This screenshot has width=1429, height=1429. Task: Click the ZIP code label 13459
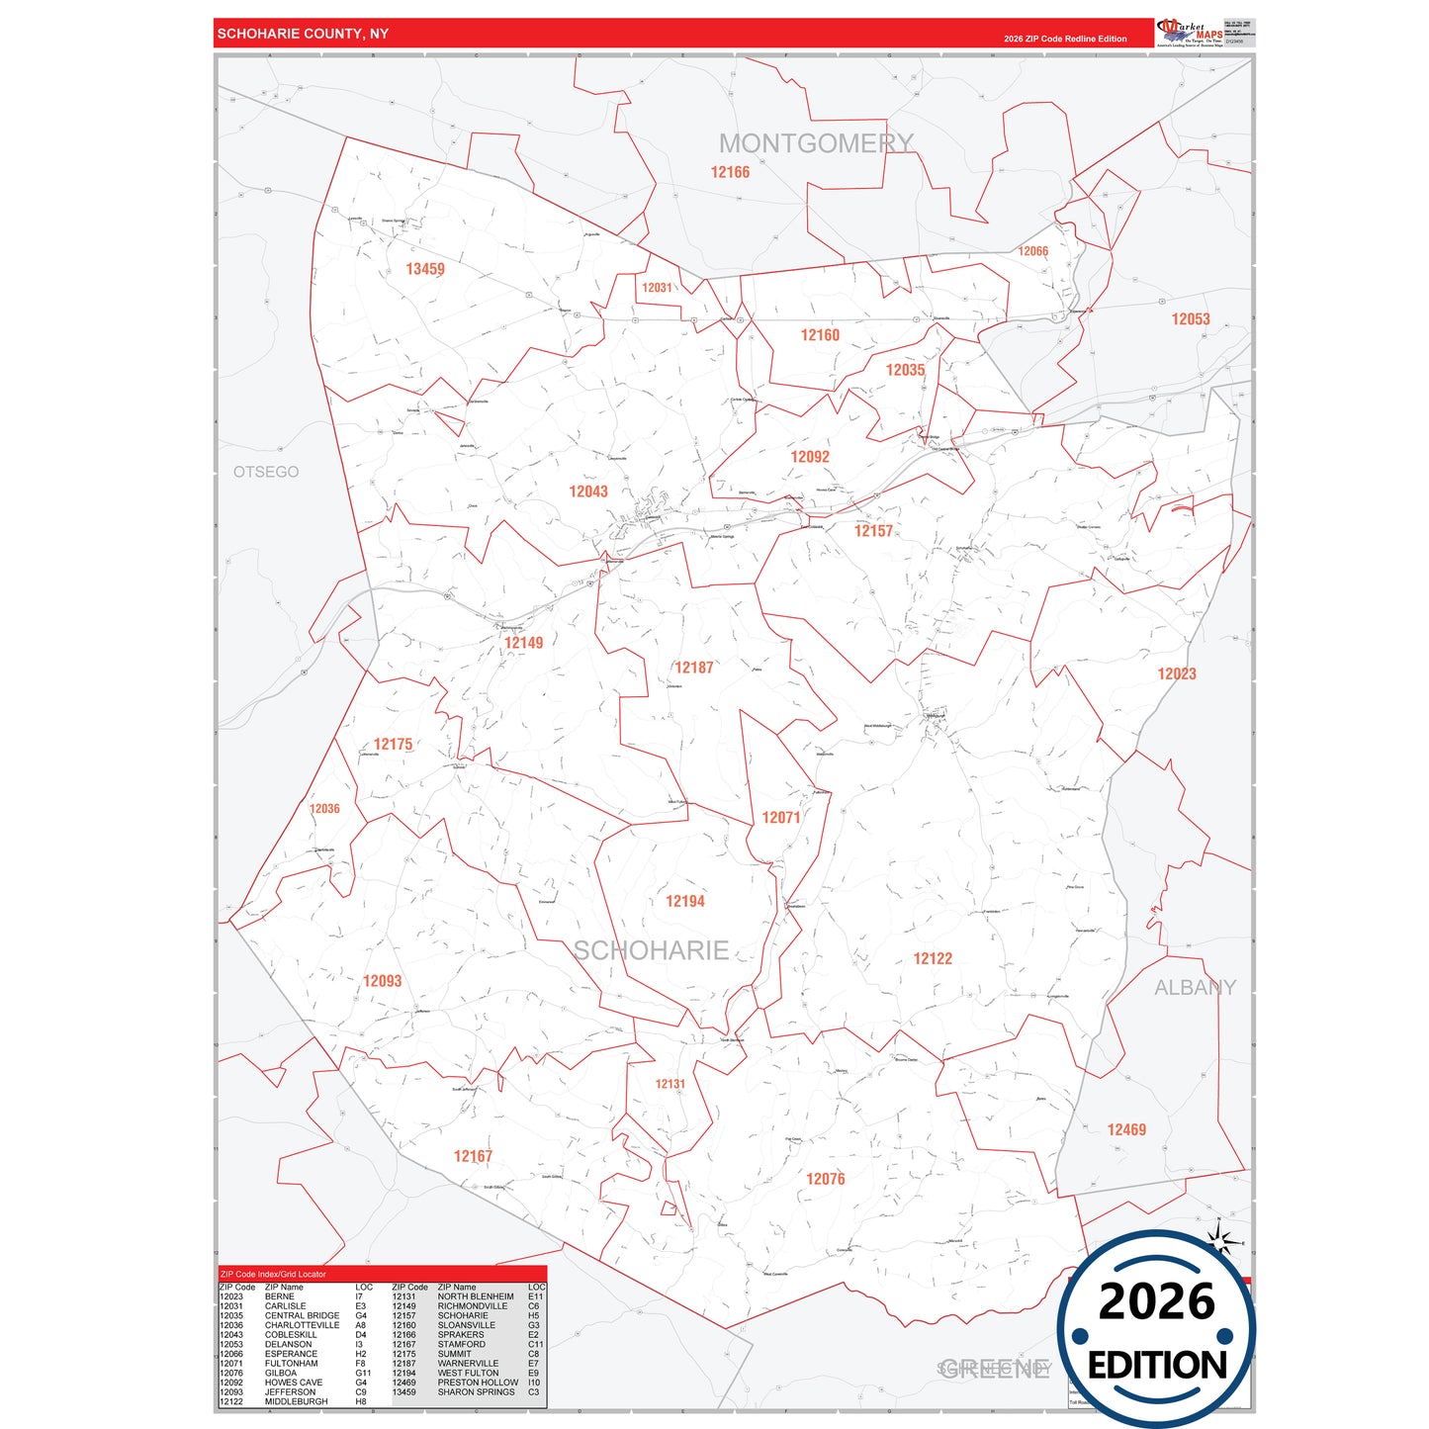425,269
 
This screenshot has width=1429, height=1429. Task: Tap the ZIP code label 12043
588,491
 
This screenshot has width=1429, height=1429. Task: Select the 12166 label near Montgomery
730,172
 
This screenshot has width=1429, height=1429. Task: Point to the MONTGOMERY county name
816,143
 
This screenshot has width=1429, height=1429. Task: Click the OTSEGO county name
266,472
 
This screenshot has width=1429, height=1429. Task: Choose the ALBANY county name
1195,987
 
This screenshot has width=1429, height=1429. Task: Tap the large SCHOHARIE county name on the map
652,950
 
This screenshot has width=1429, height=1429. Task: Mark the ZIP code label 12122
933,958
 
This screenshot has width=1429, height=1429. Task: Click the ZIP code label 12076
826,1179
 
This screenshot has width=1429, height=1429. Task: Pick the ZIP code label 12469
1126,1129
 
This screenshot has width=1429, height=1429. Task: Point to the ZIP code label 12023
1177,673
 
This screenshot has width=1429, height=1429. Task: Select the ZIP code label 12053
1191,318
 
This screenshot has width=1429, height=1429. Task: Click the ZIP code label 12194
685,901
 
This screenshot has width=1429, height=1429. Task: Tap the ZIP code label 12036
324,809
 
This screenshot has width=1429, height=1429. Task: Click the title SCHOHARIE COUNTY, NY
303,34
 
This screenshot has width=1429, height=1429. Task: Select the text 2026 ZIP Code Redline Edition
1065,39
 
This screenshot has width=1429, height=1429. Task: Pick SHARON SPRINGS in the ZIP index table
476,1391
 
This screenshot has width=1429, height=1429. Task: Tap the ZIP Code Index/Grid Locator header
273,1274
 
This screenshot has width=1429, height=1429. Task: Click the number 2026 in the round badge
1156,1301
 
